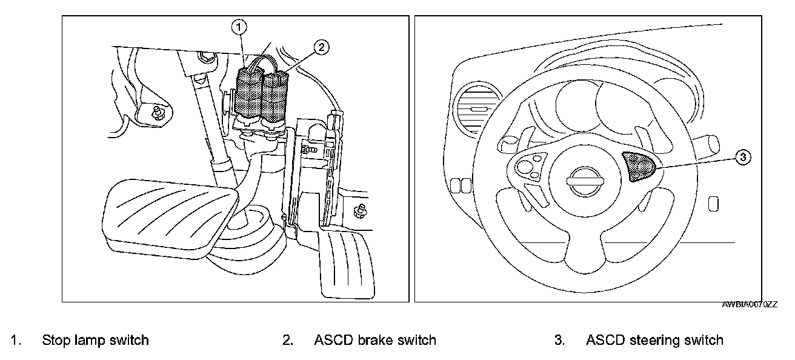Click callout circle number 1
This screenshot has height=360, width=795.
pyautogui.click(x=241, y=27)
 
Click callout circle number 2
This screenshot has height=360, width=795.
pyautogui.click(x=322, y=46)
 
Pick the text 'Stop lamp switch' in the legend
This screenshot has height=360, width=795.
pyautogui.click(x=95, y=340)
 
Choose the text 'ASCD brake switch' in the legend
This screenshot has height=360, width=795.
pyautogui.click(x=374, y=340)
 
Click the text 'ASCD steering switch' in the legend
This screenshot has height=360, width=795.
pyautogui.click(x=654, y=340)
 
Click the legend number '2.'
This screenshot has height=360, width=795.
pyautogui.click(x=288, y=340)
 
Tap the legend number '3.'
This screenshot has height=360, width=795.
pyautogui.click(x=559, y=340)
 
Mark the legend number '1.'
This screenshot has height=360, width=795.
pyautogui.click(x=16, y=340)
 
